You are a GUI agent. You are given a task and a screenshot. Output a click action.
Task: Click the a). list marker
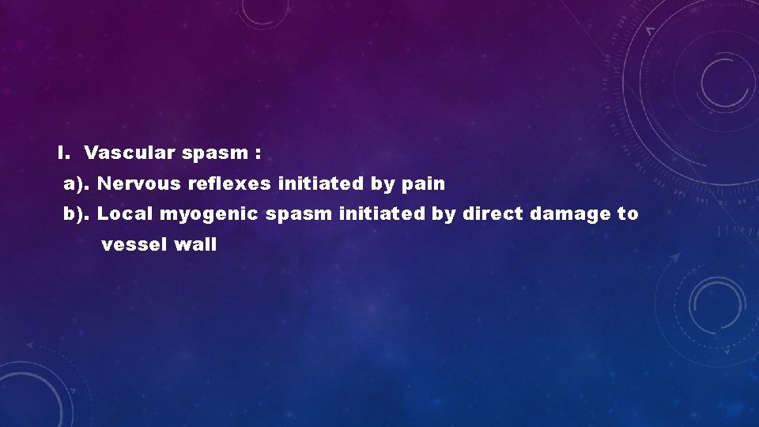(x=78, y=184)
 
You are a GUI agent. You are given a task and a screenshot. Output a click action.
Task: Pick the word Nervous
(x=142, y=184)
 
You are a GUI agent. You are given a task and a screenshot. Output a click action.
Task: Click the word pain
(x=424, y=185)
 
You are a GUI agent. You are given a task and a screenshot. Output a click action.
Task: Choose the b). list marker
(x=78, y=213)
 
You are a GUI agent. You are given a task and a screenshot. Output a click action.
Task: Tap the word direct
(x=492, y=213)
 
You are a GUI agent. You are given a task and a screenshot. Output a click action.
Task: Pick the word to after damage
(x=628, y=213)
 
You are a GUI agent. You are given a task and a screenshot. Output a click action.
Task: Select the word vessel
(x=134, y=245)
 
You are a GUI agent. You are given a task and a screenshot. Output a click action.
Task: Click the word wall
(x=195, y=245)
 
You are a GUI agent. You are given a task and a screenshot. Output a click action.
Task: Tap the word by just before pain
(x=383, y=185)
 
